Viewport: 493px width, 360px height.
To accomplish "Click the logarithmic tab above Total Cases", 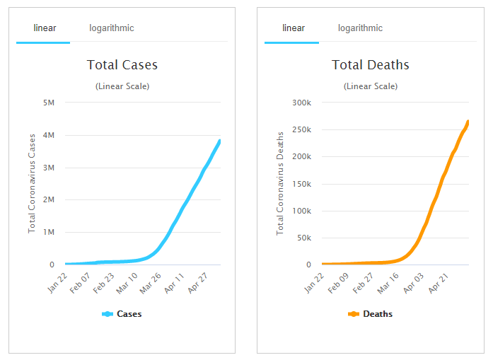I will tap(111, 28).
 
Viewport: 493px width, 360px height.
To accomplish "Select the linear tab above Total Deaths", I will tap(293, 28).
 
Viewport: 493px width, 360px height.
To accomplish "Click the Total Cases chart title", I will tap(122, 65).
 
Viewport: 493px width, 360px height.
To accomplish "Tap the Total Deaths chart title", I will tap(371, 65).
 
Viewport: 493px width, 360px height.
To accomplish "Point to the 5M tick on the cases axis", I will tap(49, 103).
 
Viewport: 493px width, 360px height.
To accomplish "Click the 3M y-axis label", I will tap(49, 168).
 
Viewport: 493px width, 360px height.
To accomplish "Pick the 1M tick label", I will tap(49, 232).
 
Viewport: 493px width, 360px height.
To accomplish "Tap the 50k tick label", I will tap(303, 238).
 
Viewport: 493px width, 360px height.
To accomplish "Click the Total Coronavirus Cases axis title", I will tap(32, 183).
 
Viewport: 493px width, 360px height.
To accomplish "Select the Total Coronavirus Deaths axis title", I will tap(280, 183).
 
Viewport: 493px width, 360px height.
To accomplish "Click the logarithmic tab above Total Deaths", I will tap(360, 28).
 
